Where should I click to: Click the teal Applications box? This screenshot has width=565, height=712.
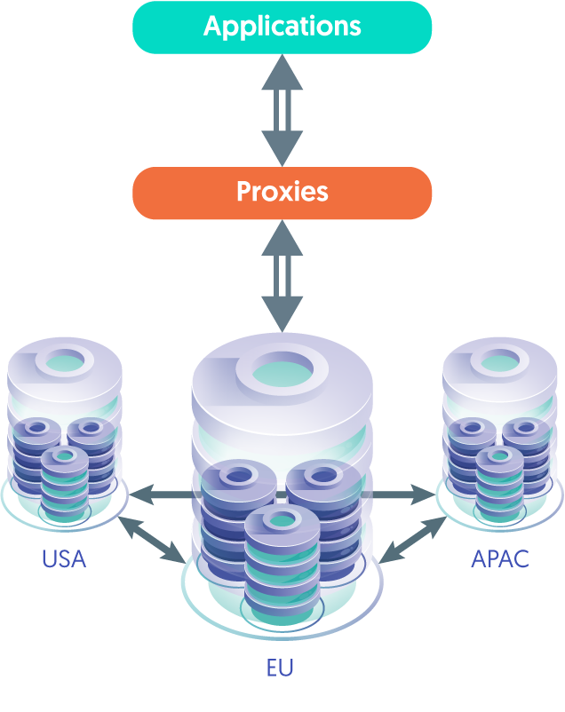point(282,28)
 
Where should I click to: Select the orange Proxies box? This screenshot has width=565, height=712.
point(282,193)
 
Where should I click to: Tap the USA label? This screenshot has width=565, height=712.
point(64,559)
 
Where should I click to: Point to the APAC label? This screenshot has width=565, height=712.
point(500,559)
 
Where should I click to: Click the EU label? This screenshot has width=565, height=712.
point(280,668)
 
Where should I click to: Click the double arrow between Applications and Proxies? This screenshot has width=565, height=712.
point(282,110)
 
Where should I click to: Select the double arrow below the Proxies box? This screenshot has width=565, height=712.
point(282,276)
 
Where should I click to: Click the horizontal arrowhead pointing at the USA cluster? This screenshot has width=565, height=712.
point(140,494)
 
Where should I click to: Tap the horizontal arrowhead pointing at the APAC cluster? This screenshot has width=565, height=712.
point(424,494)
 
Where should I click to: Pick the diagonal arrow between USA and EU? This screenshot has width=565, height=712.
point(151,540)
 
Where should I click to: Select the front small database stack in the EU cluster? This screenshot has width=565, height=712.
point(282,563)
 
